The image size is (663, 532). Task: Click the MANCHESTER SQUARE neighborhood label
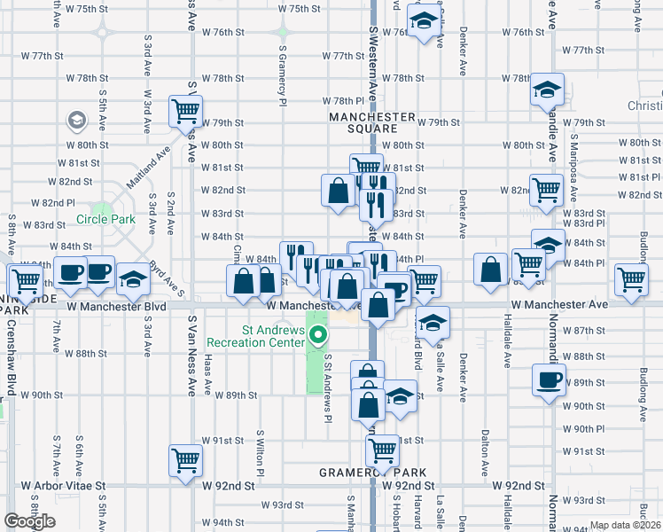tap(372, 122)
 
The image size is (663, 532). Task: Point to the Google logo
tap(29, 521)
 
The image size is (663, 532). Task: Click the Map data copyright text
tap(626, 525)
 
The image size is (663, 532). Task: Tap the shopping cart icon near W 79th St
tap(186, 112)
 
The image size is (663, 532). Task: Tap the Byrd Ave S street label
tap(166, 278)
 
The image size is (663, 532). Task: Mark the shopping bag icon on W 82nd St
tap(339, 191)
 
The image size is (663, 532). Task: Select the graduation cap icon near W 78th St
tap(547, 90)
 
